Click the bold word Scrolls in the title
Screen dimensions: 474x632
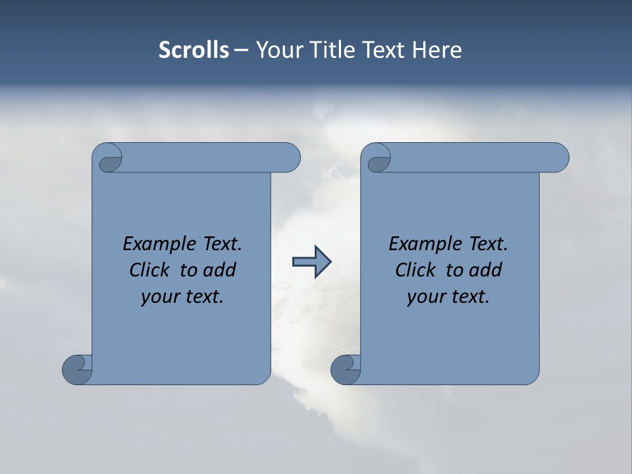(x=194, y=50)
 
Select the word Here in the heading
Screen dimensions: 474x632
(x=437, y=50)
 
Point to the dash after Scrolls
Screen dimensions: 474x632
(x=241, y=51)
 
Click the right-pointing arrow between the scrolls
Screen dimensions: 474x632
(x=311, y=262)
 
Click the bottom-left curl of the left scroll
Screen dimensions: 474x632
(x=78, y=369)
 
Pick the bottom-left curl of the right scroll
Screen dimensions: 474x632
(x=346, y=369)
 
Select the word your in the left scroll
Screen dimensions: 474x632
(x=158, y=297)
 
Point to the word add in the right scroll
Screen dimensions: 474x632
(x=486, y=270)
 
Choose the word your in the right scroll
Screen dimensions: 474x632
(x=424, y=297)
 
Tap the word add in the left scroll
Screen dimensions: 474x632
(x=220, y=270)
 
